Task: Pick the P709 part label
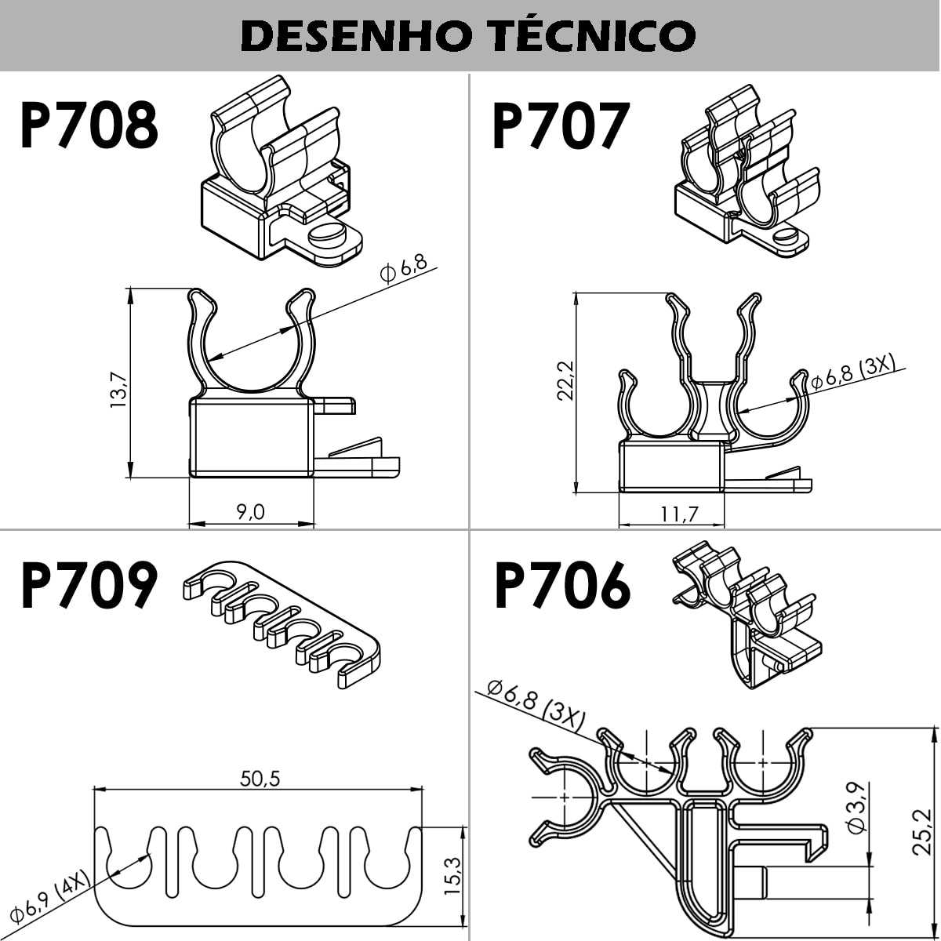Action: click(x=89, y=586)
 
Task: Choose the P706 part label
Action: click(x=561, y=586)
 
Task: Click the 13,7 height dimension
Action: click(x=118, y=390)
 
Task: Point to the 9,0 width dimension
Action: click(x=250, y=511)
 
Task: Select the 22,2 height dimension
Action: click(x=565, y=381)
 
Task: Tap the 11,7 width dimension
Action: click(x=678, y=514)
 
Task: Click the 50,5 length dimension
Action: click(x=260, y=778)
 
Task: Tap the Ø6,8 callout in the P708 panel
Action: click(x=403, y=268)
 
